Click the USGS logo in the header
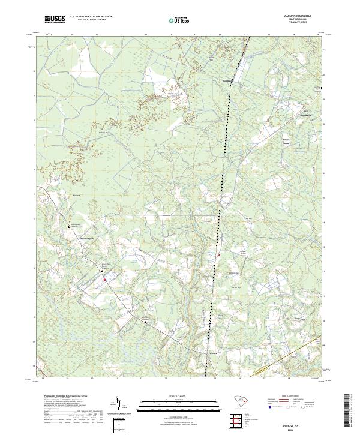pyautogui.click(x=55, y=19)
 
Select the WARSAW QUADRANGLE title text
pyautogui.click(x=293, y=17)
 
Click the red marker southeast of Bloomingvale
pyautogui.click(x=104, y=279)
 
